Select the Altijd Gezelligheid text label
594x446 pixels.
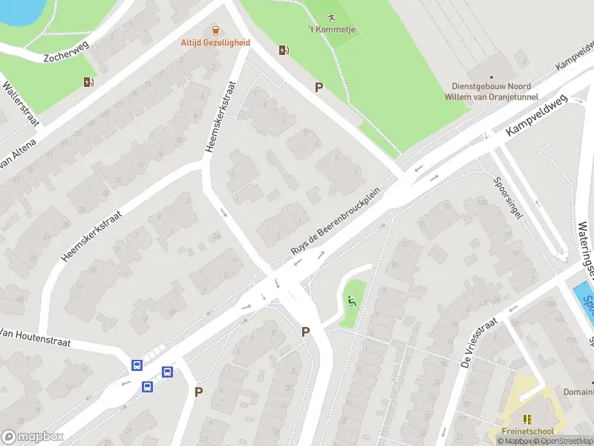pos(215,43)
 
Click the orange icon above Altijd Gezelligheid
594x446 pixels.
pos(216,30)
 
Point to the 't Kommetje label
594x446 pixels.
pos(331,30)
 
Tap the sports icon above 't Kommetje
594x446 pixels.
pos(332,16)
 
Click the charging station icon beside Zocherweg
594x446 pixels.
pos(89,83)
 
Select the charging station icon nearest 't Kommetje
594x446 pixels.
pos(283,51)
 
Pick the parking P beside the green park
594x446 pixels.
pos(319,87)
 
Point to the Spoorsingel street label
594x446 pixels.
pos(508,197)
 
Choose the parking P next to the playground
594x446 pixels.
pos(305,332)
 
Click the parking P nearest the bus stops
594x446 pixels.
pos(198,392)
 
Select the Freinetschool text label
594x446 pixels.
pos(528,431)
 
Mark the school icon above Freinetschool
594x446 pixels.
pos(528,419)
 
